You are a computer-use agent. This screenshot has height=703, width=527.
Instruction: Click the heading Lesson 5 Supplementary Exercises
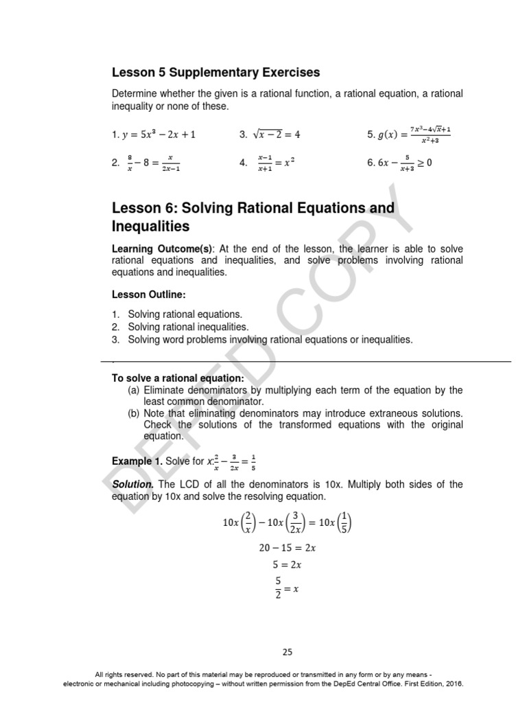click(216, 72)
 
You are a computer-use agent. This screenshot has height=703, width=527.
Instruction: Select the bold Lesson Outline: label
click(149, 295)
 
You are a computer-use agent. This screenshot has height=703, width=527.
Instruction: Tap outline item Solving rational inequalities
click(188, 327)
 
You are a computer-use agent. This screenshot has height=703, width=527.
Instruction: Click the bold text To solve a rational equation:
click(178, 378)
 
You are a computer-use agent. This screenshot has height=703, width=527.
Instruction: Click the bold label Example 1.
click(137, 461)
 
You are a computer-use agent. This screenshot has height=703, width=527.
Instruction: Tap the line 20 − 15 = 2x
click(287, 548)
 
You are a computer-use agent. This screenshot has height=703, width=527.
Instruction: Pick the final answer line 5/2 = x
click(287, 588)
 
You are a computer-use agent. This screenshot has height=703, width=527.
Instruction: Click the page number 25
click(287, 652)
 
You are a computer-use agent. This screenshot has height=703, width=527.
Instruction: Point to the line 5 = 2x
click(287, 565)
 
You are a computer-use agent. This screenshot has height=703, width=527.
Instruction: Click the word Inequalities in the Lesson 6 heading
click(151, 226)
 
